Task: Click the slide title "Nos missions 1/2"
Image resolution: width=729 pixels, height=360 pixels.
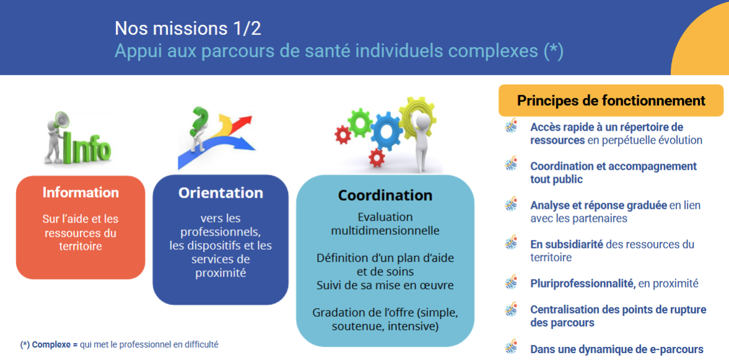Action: click(x=188, y=29)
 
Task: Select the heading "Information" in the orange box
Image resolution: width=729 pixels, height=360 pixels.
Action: click(x=81, y=192)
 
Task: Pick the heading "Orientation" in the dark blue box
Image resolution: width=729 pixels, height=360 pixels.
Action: click(x=220, y=193)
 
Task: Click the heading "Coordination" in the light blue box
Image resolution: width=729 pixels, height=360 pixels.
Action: click(x=385, y=195)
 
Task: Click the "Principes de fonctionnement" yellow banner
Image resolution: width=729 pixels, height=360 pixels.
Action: click(x=611, y=100)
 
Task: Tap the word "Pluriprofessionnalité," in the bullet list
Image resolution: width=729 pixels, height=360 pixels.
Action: click(x=583, y=283)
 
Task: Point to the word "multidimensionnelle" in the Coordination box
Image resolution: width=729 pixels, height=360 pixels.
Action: click(x=385, y=230)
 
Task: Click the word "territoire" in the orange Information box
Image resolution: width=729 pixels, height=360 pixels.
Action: click(x=81, y=247)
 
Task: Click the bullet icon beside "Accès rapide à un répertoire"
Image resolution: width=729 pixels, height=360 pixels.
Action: click(x=511, y=126)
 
